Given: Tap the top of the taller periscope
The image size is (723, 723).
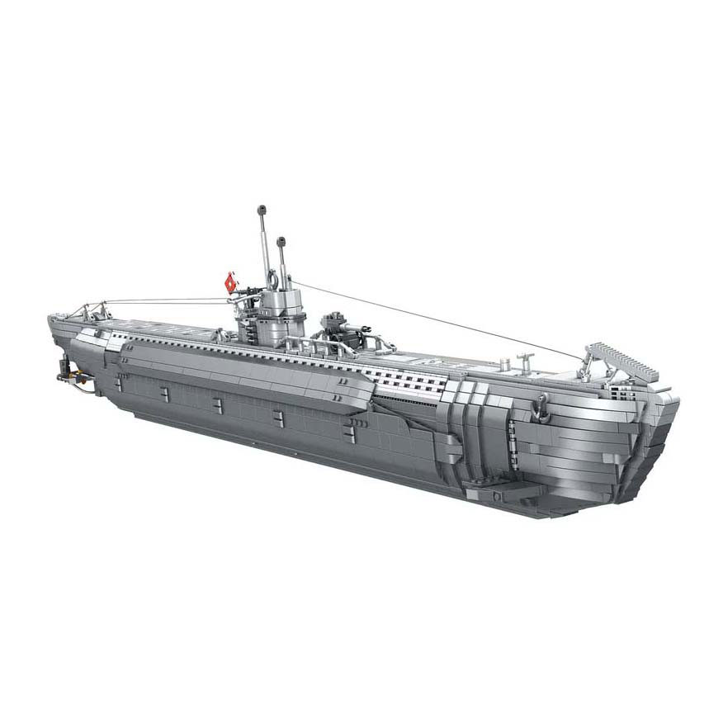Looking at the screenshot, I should point(261,209).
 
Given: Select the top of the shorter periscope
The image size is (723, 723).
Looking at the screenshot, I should point(281,242).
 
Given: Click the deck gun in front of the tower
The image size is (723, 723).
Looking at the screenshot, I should point(338,326).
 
